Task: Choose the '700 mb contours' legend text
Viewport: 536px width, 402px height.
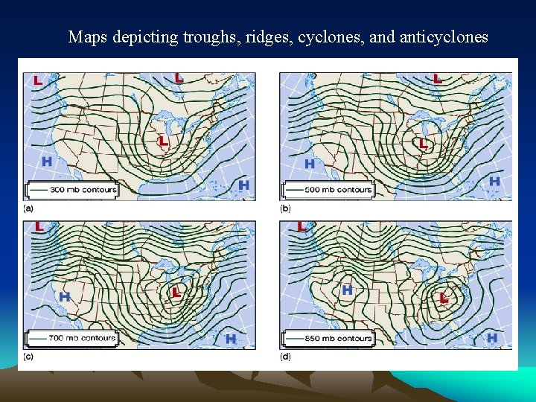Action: coord(83,338)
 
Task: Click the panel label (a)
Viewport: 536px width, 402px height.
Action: coord(28,208)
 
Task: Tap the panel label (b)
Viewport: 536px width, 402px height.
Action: coord(285,208)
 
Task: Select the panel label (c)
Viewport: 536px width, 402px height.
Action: coord(28,357)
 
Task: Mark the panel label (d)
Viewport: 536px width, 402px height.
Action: coord(285,357)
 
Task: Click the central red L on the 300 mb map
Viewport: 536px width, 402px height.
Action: coord(163,140)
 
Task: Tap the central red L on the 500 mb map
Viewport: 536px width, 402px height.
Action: coord(423,143)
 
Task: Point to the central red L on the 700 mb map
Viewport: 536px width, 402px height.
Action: coord(176,292)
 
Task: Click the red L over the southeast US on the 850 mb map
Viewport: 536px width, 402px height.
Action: coord(444,298)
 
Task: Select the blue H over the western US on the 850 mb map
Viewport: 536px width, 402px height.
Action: coord(346,290)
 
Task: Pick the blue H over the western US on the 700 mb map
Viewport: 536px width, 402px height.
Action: coord(65,296)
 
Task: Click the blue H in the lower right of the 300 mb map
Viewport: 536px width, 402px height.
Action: coord(243,185)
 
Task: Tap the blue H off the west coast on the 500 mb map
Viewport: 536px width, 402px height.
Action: coord(309,163)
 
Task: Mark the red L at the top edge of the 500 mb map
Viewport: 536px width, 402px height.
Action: coord(438,77)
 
